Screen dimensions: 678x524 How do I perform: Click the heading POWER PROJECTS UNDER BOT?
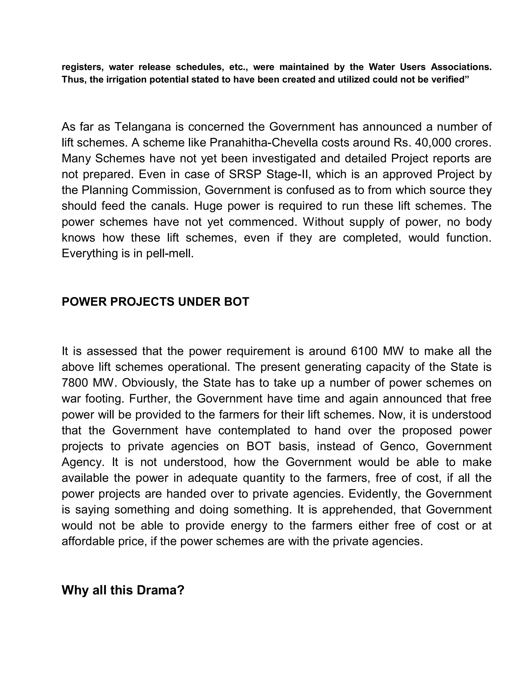click(155, 302)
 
